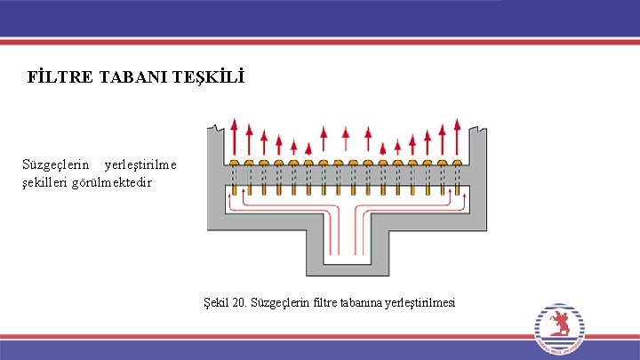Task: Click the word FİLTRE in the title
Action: (53, 78)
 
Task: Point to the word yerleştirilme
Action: (140, 164)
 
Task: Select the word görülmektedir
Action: (118, 182)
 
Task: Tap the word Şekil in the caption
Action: (215, 302)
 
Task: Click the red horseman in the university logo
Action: (560, 323)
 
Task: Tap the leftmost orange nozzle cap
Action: (235, 164)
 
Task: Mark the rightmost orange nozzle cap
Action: (456, 164)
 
